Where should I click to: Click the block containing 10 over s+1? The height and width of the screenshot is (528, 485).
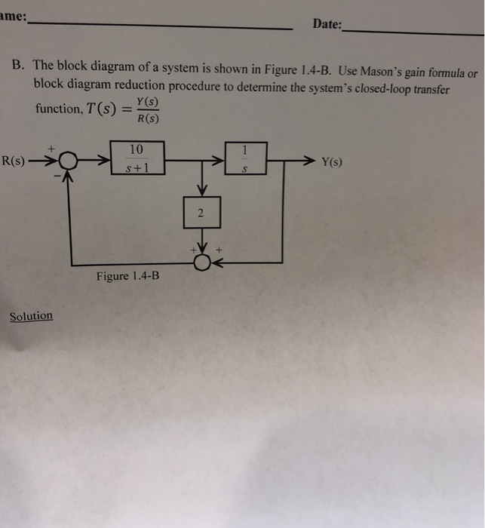pos(137,158)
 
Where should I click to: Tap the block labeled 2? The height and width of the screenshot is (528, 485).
pos(201,214)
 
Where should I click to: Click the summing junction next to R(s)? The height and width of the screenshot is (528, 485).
pos(69,161)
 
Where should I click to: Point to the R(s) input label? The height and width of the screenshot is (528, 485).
pos(14,160)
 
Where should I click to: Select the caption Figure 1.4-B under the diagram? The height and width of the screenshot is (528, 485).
pos(127,276)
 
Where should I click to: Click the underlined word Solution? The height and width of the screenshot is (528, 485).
pos(31,316)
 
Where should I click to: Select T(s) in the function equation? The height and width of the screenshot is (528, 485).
pos(99,109)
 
